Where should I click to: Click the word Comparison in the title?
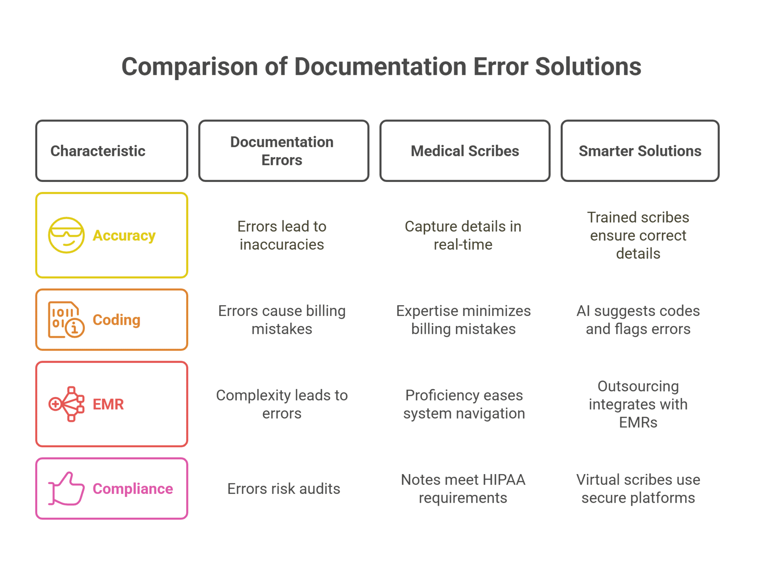click(190, 67)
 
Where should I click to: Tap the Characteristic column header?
click(98, 151)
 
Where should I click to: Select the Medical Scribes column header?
click(465, 151)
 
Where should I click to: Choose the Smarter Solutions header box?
click(639, 151)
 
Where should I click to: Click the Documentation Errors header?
click(282, 151)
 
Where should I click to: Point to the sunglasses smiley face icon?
click(66, 235)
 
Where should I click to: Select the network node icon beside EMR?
click(66, 404)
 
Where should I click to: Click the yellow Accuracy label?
click(124, 235)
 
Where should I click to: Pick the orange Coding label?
click(117, 320)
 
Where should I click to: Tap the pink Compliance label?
click(133, 489)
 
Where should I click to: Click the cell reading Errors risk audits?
click(284, 489)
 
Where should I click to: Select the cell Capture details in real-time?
click(463, 235)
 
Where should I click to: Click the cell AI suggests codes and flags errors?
click(638, 320)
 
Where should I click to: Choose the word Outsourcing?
click(638, 386)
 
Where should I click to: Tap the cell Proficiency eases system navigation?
click(464, 404)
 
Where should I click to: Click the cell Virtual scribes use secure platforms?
click(638, 489)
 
